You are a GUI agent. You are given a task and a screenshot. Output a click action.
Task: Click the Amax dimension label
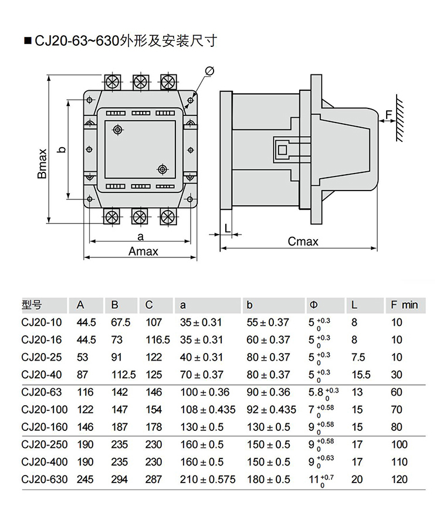coord(143,252)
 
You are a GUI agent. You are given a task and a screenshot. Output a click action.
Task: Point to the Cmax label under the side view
coord(303,242)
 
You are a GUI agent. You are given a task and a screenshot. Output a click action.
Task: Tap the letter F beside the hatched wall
coord(389,113)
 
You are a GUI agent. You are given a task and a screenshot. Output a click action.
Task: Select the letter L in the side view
coord(226,227)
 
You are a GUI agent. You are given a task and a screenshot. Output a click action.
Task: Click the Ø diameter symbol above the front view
coord(210,71)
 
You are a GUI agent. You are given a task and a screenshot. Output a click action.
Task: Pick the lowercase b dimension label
coord(62,150)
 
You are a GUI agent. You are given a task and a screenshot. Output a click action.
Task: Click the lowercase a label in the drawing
coord(140,236)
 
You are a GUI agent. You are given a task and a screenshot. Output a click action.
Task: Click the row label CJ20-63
coord(41,392)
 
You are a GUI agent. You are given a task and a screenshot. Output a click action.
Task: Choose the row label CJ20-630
coord(44,479)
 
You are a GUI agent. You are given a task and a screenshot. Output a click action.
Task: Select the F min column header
coord(404,305)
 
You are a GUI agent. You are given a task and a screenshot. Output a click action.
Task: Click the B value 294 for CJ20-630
coord(119,479)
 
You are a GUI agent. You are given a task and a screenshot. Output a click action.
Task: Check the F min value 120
coord(399,479)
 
